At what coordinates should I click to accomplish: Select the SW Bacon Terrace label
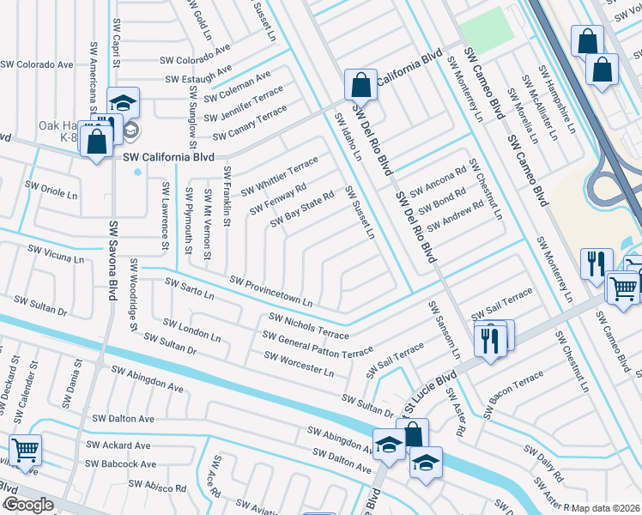[x=514, y=389]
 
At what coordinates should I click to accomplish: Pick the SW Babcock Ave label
[x=122, y=464]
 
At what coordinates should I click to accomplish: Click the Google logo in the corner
[x=27, y=505]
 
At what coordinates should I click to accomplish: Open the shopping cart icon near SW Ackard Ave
[x=25, y=449]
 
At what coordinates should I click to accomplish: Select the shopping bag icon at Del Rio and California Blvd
[x=360, y=85]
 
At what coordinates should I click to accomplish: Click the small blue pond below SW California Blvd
[x=138, y=172]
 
